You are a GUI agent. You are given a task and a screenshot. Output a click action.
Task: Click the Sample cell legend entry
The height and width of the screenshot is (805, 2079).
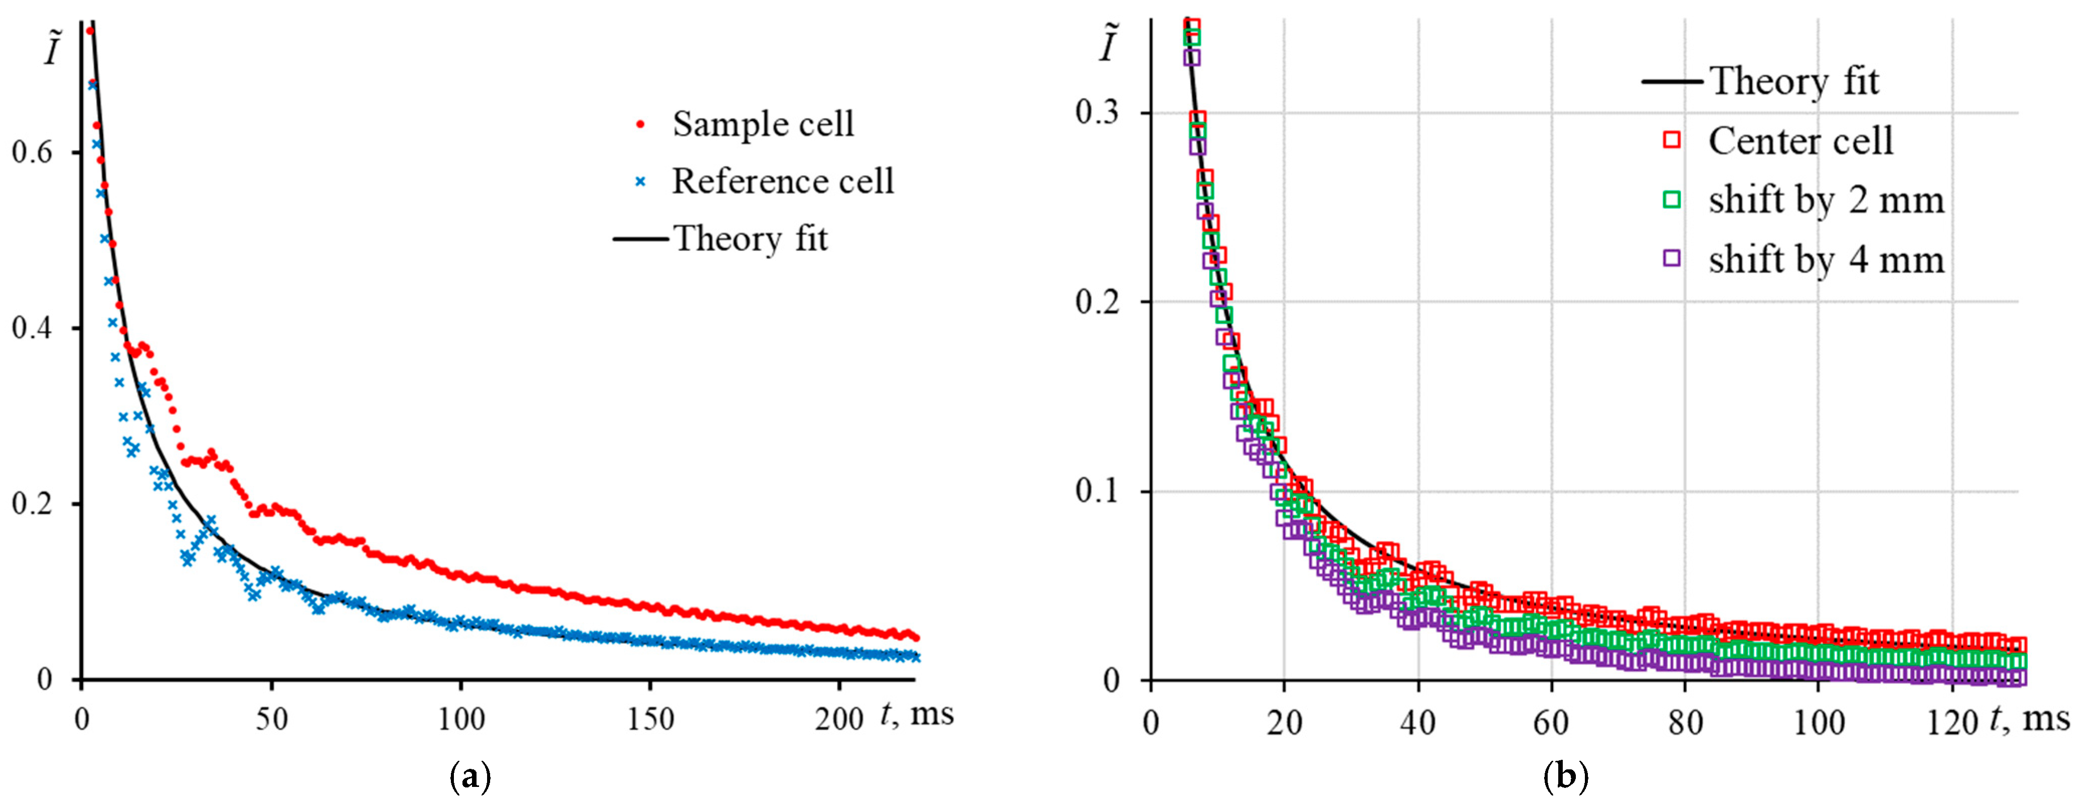763,124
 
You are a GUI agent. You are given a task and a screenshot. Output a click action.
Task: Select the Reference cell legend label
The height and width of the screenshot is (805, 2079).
783,181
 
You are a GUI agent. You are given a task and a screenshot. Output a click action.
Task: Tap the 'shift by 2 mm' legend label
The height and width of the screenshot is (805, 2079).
1826,200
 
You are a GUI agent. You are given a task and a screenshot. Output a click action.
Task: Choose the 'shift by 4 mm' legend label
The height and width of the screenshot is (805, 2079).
1826,260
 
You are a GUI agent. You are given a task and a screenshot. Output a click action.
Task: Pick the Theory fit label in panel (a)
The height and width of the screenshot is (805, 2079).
750,239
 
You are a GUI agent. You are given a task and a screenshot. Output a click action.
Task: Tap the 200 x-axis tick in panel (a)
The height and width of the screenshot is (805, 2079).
839,719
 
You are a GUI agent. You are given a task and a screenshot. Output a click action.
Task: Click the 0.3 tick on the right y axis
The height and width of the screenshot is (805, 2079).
1098,112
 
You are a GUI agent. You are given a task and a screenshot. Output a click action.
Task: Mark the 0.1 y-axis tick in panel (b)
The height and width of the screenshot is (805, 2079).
1098,491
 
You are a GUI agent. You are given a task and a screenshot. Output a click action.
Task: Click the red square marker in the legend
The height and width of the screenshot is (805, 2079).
1671,140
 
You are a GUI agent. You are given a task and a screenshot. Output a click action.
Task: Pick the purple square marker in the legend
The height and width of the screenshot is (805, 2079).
1671,259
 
